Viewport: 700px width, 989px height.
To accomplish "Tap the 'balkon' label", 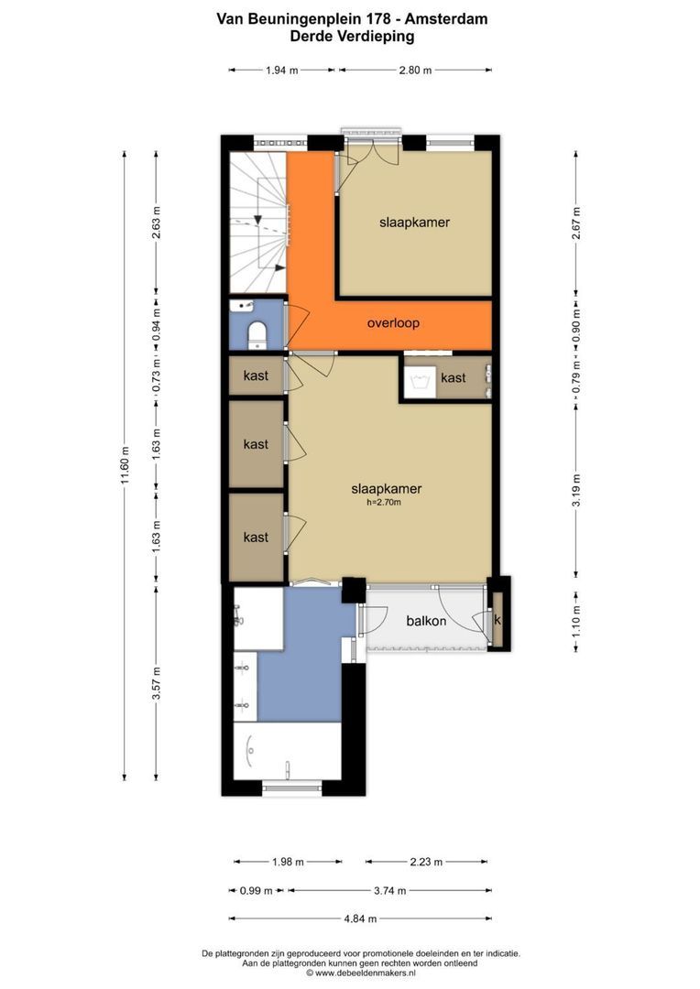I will point(426,621).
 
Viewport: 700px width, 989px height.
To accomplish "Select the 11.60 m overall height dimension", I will point(126,468).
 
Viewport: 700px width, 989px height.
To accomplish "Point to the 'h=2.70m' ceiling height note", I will point(384,502).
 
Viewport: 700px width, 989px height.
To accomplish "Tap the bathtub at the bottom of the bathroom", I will point(287,752).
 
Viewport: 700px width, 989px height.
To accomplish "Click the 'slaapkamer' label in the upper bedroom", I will point(414,222).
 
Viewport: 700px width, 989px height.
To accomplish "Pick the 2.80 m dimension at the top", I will point(415,70).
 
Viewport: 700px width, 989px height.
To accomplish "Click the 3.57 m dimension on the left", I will point(157,681).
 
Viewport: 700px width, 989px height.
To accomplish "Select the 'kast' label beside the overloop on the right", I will point(453,378).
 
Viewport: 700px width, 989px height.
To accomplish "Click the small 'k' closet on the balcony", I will point(498,620).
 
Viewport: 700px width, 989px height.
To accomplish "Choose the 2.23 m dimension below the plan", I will point(426,862).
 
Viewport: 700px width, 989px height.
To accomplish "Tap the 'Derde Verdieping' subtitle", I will point(351,37).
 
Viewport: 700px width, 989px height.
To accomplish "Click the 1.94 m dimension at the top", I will point(282,70).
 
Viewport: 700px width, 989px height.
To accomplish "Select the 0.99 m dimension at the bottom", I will point(256,889).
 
